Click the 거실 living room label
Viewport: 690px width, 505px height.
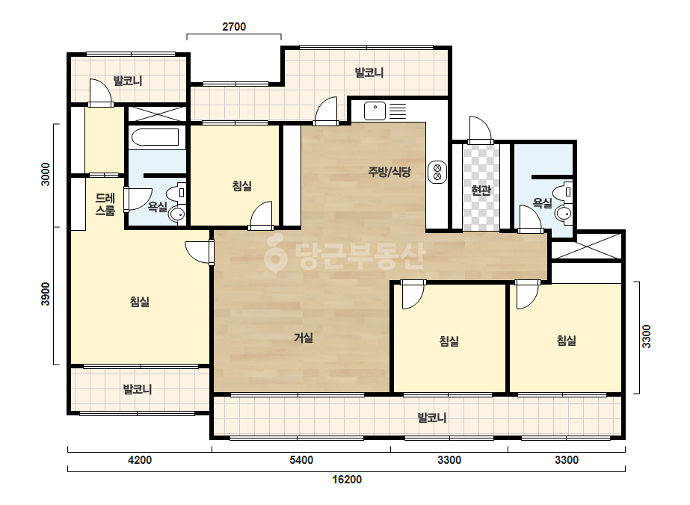tap(304, 338)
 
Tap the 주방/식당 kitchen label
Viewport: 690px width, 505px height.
tap(389, 172)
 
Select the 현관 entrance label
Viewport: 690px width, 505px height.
tap(481, 190)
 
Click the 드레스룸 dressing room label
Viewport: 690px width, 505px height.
tap(105, 205)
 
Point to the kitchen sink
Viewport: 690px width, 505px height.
tap(375, 111)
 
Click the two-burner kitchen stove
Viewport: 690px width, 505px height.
tap(437, 172)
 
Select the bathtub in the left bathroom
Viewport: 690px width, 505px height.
tap(155, 137)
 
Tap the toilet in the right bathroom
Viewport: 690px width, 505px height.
tap(562, 192)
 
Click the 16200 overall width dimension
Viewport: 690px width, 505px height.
tap(347, 479)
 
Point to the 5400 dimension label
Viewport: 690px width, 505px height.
tap(301, 460)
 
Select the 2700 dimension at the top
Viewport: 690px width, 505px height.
tap(234, 27)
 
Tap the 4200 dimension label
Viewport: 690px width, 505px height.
tap(140, 460)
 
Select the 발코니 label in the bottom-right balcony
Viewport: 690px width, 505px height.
tap(431, 418)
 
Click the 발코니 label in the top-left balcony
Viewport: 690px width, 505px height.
tap(128, 81)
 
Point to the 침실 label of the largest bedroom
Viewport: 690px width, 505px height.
tap(140, 302)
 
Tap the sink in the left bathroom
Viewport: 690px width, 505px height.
tap(177, 214)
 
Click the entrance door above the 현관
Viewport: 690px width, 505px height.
tap(480, 130)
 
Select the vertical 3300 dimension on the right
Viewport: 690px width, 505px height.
tap(646, 336)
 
